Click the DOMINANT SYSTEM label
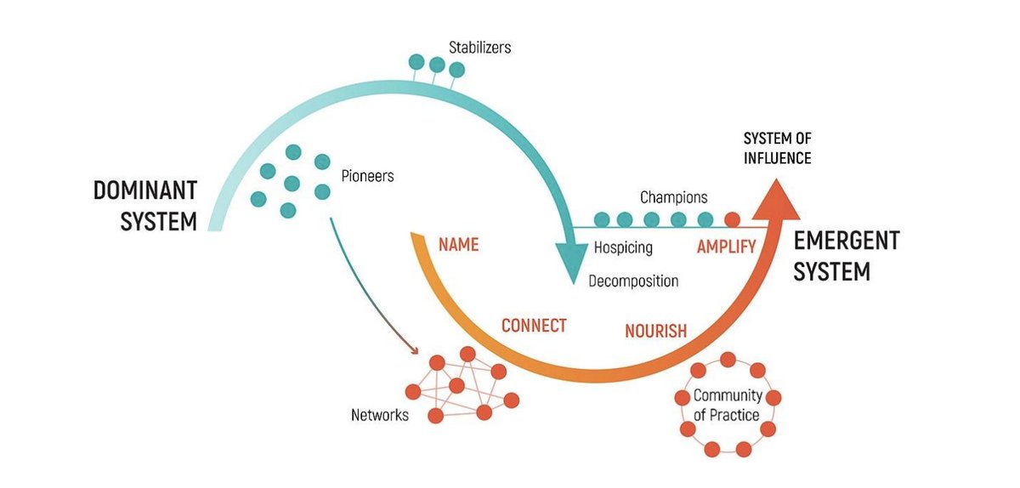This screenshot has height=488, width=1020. (144, 206)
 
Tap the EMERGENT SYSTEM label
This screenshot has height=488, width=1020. (846, 256)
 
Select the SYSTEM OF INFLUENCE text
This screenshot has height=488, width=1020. (777, 148)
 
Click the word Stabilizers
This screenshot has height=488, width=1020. (480, 48)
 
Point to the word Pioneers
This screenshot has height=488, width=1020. (367, 177)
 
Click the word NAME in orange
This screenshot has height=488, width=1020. (458, 245)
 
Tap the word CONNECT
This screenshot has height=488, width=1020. (534, 326)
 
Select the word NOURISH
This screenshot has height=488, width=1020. (655, 332)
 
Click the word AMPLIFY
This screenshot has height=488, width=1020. (726, 247)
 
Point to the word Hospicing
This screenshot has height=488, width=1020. (623, 248)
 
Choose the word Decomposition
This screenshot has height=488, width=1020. (633, 281)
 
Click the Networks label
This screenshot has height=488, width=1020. (380, 416)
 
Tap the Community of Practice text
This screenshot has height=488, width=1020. (727, 406)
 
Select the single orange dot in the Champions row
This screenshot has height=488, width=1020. (732, 219)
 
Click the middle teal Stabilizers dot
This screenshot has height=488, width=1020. (437, 64)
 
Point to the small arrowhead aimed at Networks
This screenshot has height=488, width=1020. (415, 349)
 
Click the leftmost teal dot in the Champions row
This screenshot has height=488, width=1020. (602, 219)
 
